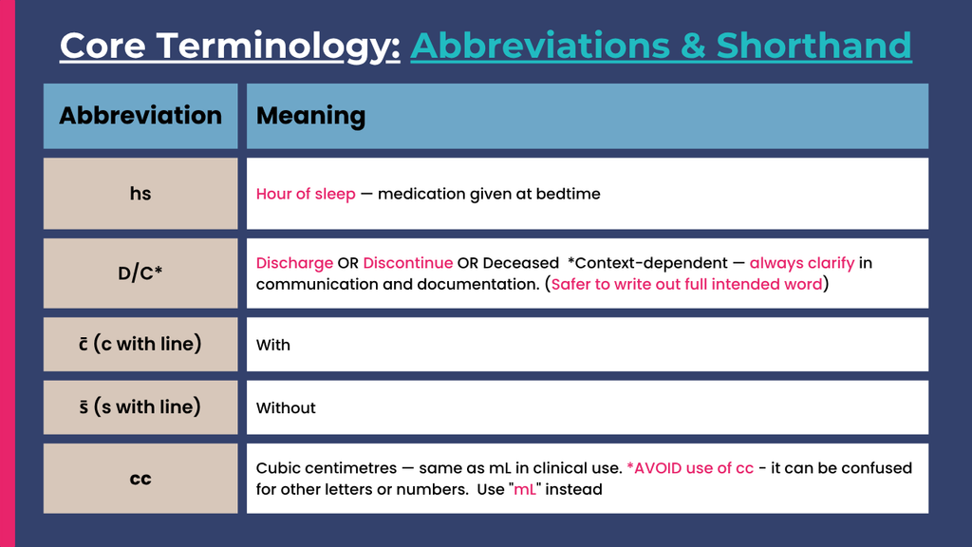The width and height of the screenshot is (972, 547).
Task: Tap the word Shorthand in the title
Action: click(x=813, y=46)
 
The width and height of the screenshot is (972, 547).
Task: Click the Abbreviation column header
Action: click(x=140, y=116)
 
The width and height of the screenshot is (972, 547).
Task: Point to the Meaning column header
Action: click(x=587, y=116)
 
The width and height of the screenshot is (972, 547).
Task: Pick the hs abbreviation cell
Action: click(x=140, y=194)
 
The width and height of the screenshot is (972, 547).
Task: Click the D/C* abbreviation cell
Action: click(x=140, y=273)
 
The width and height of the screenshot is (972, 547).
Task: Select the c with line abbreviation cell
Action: click(x=140, y=344)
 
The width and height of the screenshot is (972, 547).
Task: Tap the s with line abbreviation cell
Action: click(x=140, y=407)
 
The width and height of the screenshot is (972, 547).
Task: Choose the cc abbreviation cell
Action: click(x=140, y=479)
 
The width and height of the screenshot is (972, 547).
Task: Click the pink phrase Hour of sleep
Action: click(x=306, y=194)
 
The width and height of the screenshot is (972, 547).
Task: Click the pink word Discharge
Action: click(x=294, y=264)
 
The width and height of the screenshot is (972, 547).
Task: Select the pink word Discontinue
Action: click(x=408, y=263)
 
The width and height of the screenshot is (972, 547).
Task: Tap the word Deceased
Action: click(x=521, y=263)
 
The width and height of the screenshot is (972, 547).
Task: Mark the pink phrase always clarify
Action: click(x=802, y=264)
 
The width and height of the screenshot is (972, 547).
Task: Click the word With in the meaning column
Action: click(x=272, y=345)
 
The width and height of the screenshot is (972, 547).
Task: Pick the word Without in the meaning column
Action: click(x=286, y=408)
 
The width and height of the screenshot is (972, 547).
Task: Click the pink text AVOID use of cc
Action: click(x=690, y=468)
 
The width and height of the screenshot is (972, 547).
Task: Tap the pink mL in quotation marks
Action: click(x=525, y=489)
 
